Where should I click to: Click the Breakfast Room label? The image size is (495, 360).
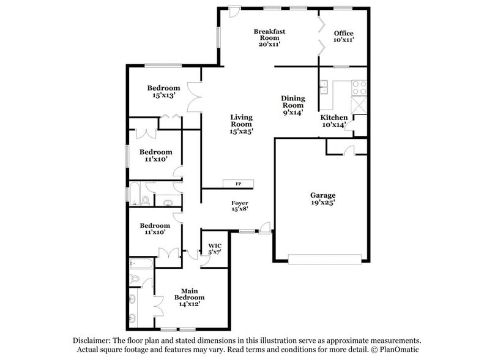pyautogui.click(x=270, y=37)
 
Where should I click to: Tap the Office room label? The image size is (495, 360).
pyautogui.click(x=343, y=36)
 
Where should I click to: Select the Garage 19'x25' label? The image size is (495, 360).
pyautogui.click(x=322, y=199)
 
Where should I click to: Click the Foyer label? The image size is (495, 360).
pyautogui.click(x=239, y=206)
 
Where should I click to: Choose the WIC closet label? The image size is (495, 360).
pyautogui.click(x=215, y=249)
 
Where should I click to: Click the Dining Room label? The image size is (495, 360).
pyautogui.click(x=292, y=105)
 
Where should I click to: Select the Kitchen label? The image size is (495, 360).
pyautogui.click(x=334, y=121)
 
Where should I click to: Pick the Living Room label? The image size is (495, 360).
pyautogui.click(x=241, y=124)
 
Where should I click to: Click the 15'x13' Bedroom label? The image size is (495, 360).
pyautogui.click(x=163, y=91)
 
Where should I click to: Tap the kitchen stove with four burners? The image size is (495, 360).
pyautogui.click(x=359, y=88)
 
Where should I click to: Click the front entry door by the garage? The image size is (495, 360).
pyautogui.click(x=266, y=228)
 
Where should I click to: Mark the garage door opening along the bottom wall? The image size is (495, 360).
pyautogui.click(x=321, y=260)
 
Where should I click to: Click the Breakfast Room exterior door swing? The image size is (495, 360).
pyautogui.click(x=234, y=12)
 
